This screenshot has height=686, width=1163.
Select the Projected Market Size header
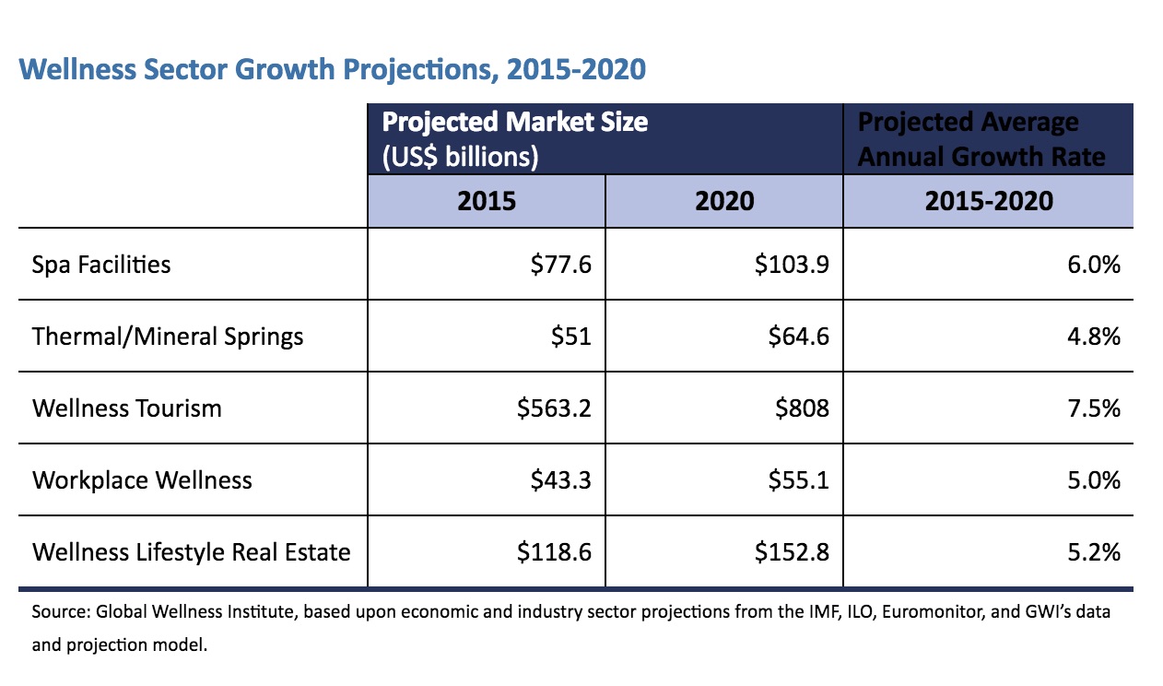pyautogui.click(x=514, y=123)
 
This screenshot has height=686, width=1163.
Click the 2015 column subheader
pyautogui.click(x=487, y=201)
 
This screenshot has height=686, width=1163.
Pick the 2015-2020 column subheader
pyautogui.click(x=988, y=201)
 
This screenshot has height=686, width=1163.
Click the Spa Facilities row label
pyautogui.click(x=101, y=265)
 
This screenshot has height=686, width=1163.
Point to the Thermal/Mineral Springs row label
pyautogui.click(x=168, y=336)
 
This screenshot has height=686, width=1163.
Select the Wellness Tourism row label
pyautogui.click(x=127, y=408)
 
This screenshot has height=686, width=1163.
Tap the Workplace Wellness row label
pyautogui.click(x=142, y=479)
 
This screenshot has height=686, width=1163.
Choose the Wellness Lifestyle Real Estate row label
pyautogui.click(x=192, y=552)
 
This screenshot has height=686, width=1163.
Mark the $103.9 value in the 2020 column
pyautogui.click(x=792, y=265)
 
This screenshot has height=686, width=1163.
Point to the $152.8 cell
pyautogui.click(x=792, y=552)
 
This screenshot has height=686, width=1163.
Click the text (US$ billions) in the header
pyautogui.click(x=460, y=156)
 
